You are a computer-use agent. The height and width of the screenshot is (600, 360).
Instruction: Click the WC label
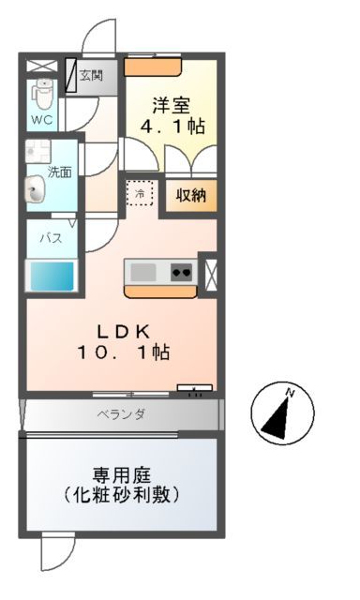tap(41, 120)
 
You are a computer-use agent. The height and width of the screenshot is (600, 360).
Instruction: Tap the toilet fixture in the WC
tap(42, 94)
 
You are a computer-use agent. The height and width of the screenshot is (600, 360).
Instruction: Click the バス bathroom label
tap(51, 238)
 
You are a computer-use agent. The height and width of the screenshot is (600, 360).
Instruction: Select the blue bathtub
tap(51, 277)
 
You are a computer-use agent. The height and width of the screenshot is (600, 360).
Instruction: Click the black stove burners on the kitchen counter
tap(181, 273)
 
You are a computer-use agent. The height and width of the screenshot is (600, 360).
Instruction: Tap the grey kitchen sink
tap(143, 273)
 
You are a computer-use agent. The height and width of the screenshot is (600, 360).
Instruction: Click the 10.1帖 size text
tap(124, 353)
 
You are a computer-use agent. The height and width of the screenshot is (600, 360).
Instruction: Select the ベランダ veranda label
tap(120, 413)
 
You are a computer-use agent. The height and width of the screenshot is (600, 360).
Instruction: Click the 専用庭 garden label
tap(120, 474)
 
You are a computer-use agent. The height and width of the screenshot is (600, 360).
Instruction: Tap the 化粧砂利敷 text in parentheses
tap(120, 493)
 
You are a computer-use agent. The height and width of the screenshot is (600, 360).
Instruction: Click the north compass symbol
tap(282, 413)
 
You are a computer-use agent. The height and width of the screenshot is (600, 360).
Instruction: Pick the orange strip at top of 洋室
tap(153, 66)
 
